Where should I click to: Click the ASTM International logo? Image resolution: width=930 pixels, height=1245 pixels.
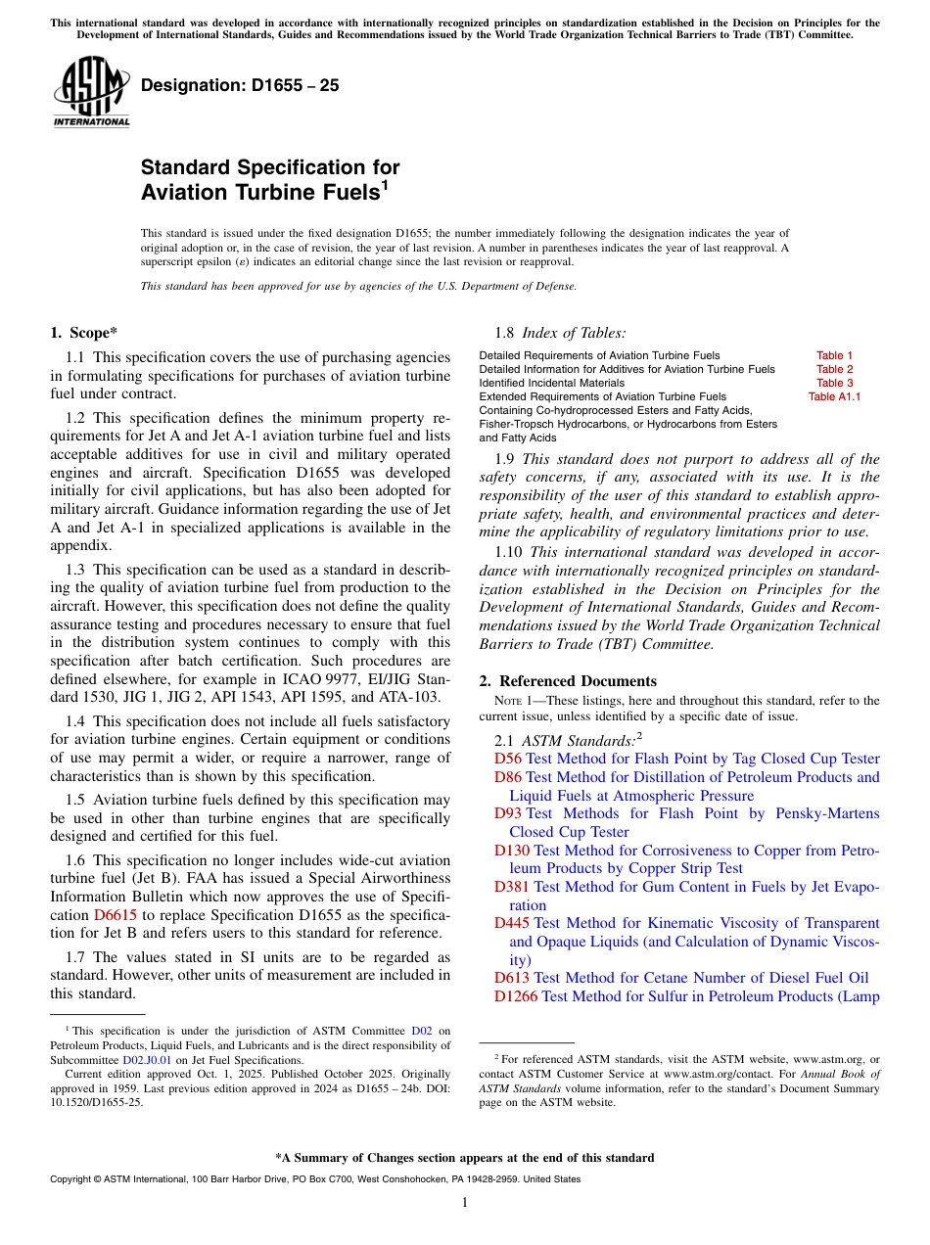(91, 93)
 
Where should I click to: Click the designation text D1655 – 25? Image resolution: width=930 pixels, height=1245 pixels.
(240, 85)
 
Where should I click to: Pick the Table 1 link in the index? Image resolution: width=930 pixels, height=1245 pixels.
(834, 355)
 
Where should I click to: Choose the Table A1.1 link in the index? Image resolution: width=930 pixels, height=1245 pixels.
(834, 396)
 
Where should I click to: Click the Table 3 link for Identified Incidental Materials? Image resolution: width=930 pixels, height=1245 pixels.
(834, 383)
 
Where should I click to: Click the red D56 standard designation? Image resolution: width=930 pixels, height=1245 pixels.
(508, 759)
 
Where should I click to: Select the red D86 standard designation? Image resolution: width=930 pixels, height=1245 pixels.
(508, 777)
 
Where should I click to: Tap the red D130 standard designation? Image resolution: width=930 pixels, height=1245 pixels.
(512, 851)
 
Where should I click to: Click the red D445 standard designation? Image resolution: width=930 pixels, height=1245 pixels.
(512, 923)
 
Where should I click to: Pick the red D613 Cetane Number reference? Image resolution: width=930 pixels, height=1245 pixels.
(512, 978)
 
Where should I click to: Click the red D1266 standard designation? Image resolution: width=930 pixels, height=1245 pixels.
(516, 996)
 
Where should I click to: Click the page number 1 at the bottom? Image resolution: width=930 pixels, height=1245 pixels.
(465, 1203)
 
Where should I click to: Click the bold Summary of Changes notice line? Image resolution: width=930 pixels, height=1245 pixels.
(465, 1158)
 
